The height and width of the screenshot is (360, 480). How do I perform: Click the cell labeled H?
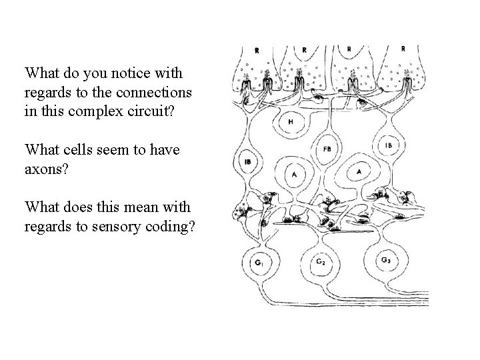click(289, 123)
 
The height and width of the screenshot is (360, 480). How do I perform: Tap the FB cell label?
click(326, 149)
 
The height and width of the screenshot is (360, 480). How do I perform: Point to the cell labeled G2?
click(321, 261)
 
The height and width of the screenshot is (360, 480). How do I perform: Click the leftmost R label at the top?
click(257, 50)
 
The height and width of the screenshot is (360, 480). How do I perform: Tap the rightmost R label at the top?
click(403, 49)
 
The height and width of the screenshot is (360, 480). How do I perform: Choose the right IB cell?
click(389, 145)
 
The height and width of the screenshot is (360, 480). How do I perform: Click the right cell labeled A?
click(359, 171)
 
